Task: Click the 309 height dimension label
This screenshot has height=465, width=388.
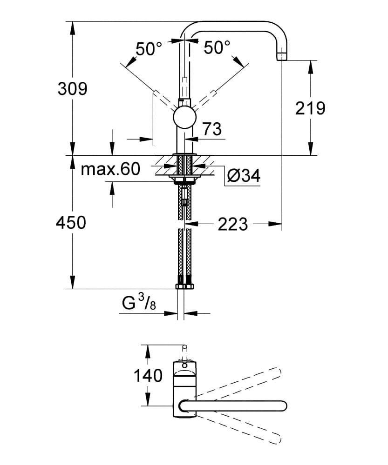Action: pyautogui.click(x=73, y=89)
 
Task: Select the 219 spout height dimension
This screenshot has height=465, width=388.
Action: pyautogui.click(x=310, y=108)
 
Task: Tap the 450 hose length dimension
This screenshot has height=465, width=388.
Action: pyautogui.click(x=71, y=222)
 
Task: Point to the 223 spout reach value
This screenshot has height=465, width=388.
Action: pyautogui.click(x=232, y=224)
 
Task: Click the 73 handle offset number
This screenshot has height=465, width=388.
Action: pyautogui.click(x=212, y=129)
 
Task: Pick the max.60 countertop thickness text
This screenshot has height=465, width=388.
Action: pyautogui.click(x=110, y=169)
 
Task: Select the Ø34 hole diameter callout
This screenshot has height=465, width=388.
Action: pyautogui.click(x=244, y=176)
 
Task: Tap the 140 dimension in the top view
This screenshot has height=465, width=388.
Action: pyautogui.click(x=148, y=376)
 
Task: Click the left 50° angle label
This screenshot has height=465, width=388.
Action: pyautogui.click(x=149, y=49)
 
